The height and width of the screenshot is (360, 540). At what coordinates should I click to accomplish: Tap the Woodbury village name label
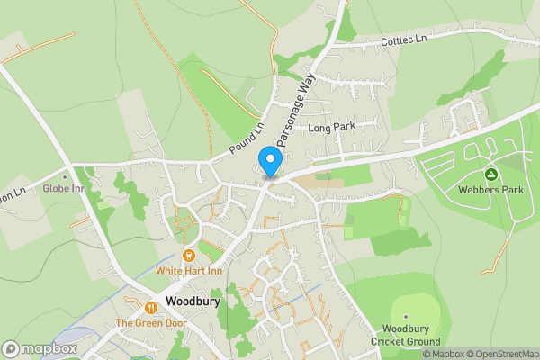click(193, 302)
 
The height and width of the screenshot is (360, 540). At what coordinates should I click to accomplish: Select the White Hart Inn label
click(188, 270)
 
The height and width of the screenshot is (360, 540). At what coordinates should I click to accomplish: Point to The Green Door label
click(149, 322)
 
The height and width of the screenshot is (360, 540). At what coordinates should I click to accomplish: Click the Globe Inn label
click(64, 189)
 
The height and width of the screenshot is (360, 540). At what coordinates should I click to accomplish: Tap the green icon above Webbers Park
click(491, 174)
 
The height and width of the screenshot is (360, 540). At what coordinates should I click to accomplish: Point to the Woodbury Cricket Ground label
click(407, 335)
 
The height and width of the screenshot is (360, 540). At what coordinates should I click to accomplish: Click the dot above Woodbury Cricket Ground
click(407, 317)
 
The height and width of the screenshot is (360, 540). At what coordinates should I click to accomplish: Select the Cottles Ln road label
click(403, 40)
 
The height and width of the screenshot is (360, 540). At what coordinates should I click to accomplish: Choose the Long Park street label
click(332, 128)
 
